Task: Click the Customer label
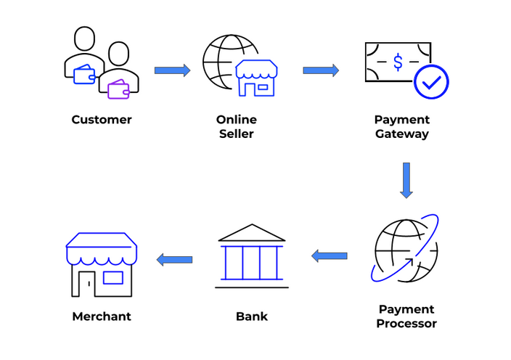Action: coord(102,120)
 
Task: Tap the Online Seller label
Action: coord(236,126)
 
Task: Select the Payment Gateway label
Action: coord(401,126)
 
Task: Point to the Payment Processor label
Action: coord(406,316)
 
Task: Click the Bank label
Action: coord(252,316)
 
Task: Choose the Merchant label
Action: coord(102,316)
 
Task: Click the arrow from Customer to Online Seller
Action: coord(172,70)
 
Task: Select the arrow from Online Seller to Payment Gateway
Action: coord(321,70)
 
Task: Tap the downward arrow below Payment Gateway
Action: coord(406,180)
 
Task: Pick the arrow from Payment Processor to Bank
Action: coord(329,255)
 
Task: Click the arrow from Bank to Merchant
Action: coord(175,259)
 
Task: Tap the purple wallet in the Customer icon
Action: coord(118,89)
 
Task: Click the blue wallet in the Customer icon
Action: coord(85,74)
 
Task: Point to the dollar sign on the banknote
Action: coord(398,62)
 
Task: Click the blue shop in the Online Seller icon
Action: coord(257,78)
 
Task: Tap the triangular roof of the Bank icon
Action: coord(252,232)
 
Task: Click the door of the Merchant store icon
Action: coord(86,284)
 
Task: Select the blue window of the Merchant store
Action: coord(113,277)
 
